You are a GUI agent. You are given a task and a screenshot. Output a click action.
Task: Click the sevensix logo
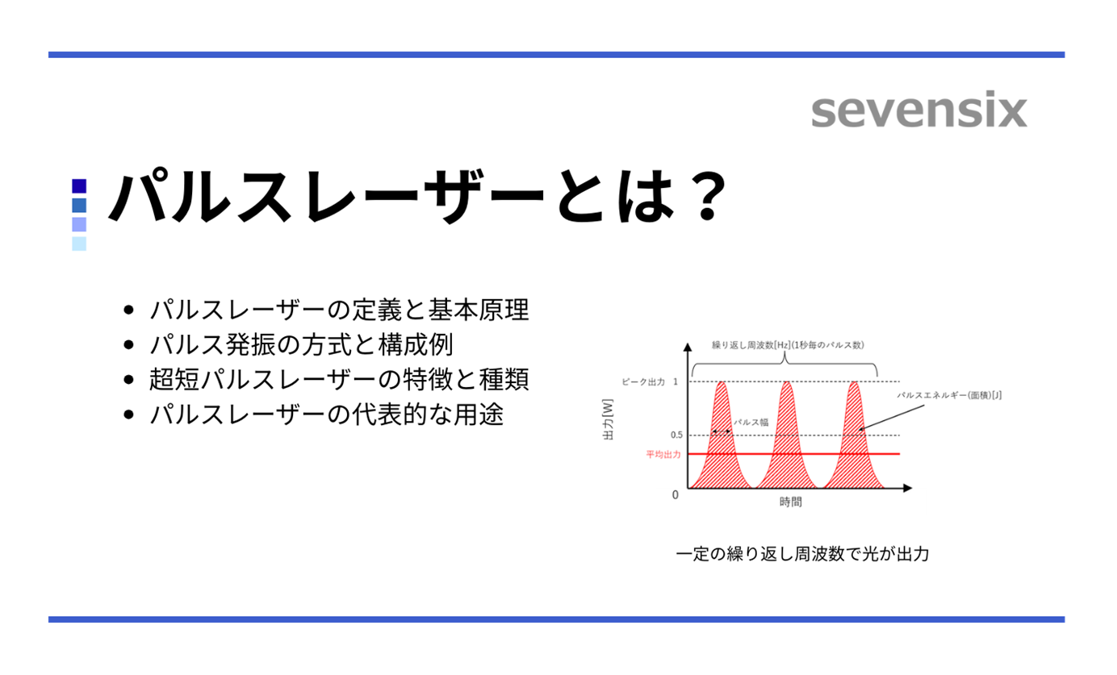[x=918, y=111]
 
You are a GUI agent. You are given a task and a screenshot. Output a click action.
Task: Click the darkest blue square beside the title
[x=79, y=185]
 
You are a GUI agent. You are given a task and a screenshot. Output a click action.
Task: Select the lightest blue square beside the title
[x=79, y=244]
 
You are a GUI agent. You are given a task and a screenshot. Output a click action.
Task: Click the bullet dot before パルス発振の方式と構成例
[x=128, y=345]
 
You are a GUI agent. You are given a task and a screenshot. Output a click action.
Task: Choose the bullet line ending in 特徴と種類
[x=339, y=380]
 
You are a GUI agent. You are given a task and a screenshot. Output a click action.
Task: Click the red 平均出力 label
[x=663, y=455]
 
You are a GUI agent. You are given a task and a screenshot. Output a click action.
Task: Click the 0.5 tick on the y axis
[x=676, y=435]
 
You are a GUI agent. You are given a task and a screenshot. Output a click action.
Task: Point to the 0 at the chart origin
[x=676, y=494]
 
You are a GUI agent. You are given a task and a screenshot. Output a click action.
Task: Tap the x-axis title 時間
[x=791, y=502]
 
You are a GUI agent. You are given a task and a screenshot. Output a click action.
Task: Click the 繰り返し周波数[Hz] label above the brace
[x=788, y=345]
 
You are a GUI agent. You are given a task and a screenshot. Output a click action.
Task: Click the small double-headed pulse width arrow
[x=721, y=432]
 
